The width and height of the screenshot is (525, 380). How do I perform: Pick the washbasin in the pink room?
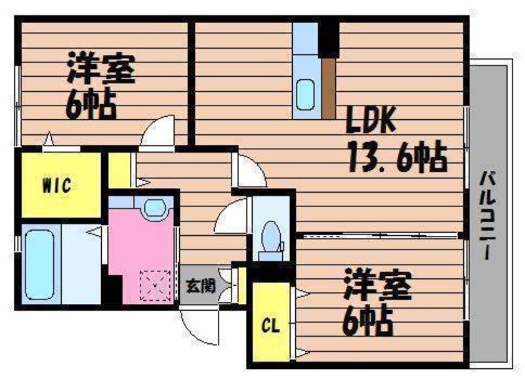pos(155,208)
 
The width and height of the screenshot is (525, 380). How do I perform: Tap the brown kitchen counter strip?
pos(329,88)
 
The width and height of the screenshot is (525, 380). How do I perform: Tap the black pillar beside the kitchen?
pos(329,39)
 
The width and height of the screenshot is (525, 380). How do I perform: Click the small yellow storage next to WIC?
pos(119,170)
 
